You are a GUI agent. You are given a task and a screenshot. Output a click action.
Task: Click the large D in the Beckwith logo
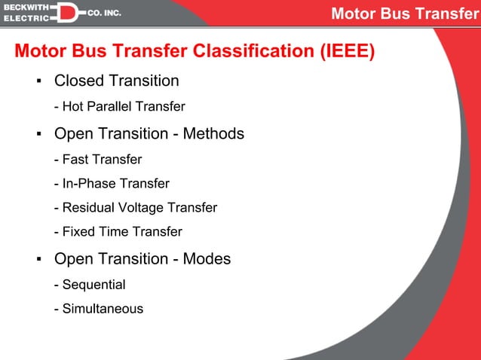point(66,13)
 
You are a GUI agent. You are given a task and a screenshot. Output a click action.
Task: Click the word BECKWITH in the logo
point(25,7)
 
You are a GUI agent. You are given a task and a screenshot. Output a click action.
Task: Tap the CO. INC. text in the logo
point(105,14)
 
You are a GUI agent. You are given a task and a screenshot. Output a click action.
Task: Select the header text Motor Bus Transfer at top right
point(405,14)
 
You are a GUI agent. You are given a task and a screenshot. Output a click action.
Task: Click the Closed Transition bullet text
point(116,81)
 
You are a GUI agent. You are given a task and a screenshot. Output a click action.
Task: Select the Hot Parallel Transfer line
point(119,107)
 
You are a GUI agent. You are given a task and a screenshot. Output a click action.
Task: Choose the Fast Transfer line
point(98,160)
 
